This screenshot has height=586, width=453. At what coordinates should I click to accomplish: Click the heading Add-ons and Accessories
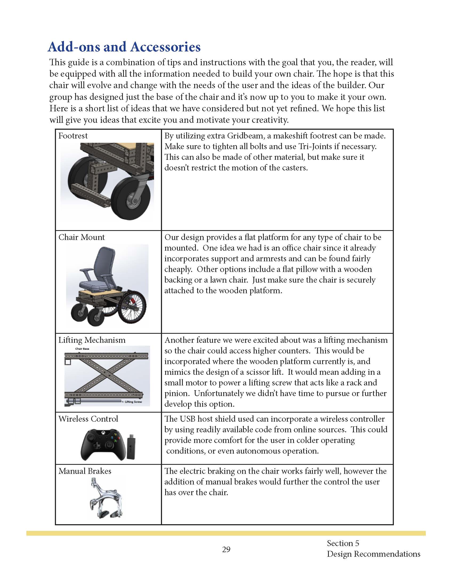[124, 47]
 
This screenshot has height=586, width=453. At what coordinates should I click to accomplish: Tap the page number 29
[226, 549]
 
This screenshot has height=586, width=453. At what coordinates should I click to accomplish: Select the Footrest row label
[73, 136]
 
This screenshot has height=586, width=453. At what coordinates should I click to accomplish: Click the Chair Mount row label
[82, 237]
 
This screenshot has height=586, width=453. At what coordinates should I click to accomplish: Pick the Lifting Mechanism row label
[92, 340]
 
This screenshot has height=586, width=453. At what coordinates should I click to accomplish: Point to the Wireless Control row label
[88, 419]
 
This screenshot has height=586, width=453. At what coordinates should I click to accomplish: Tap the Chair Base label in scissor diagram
[82, 349]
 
